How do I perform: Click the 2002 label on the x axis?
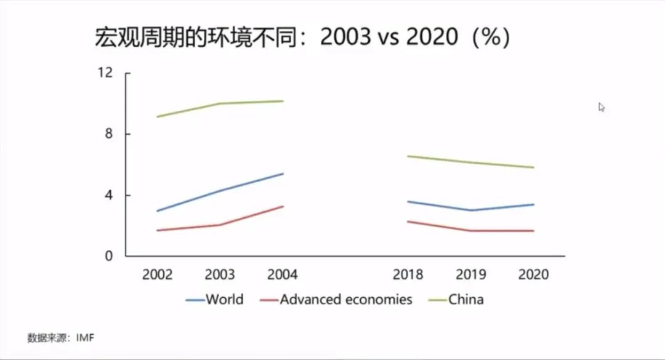tap(157, 274)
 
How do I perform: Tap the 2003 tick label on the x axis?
tap(220, 274)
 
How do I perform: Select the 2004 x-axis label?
tap(282, 274)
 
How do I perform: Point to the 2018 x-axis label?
tap(408, 274)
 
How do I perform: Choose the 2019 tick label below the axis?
tap(471, 274)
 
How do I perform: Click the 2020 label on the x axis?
tap(533, 274)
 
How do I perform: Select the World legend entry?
tap(224, 300)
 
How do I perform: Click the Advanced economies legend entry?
tap(345, 300)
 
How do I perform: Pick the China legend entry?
tap(465, 300)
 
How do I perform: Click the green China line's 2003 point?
tap(220, 103)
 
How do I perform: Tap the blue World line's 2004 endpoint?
tap(283, 174)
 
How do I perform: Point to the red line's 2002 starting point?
tap(158, 231)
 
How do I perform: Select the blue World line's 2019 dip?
tap(471, 210)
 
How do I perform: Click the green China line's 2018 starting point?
tap(408, 156)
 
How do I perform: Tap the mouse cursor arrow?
tap(602, 107)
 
